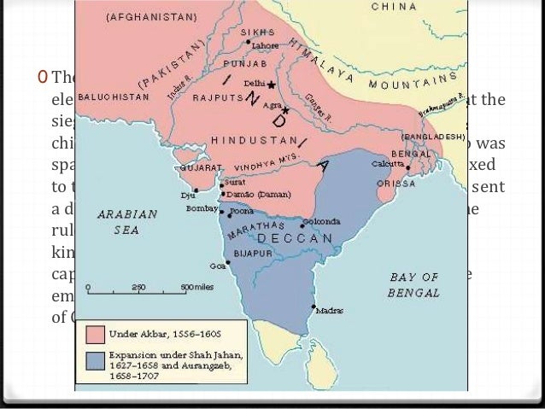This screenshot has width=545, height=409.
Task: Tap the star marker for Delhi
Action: point(271,86)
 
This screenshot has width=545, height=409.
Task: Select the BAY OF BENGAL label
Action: point(414,284)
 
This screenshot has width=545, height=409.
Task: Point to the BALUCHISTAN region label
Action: point(114,96)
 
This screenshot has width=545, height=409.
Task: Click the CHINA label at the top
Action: point(393,6)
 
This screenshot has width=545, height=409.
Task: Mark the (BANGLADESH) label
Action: point(432,137)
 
